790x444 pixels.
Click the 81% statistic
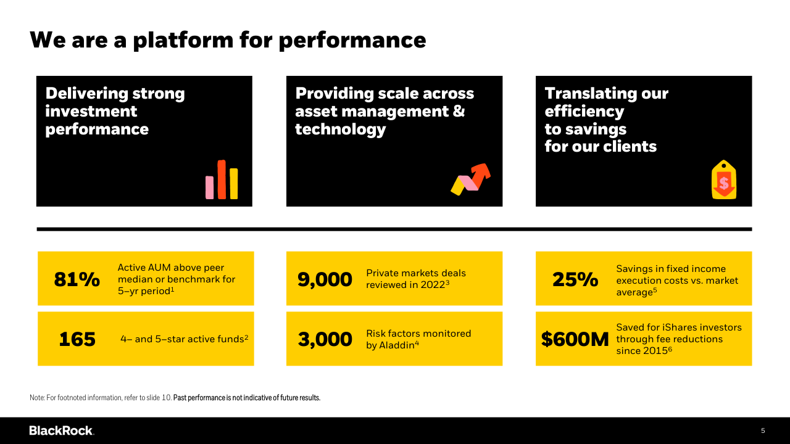pos(77,279)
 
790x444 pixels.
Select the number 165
pos(77,339)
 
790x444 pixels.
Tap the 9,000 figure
pos(325,279)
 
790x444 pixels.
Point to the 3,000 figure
pos(325,339)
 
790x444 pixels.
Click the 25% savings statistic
pos(575,279)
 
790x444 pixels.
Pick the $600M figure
pos(575,339)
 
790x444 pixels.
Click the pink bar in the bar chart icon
pos(209,187)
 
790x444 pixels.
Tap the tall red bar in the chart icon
pos(222,179)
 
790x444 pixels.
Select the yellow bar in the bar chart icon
pos(233,184)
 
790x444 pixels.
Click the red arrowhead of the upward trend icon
pos(482,171)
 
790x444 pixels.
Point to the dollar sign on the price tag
pos(724,183)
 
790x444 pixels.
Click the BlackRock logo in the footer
pos(62,430)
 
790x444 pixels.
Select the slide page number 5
pos(763,430)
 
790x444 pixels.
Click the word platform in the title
pos(183,41)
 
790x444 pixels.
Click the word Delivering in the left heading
pos(87,94)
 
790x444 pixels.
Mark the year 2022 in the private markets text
pos(433,285)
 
